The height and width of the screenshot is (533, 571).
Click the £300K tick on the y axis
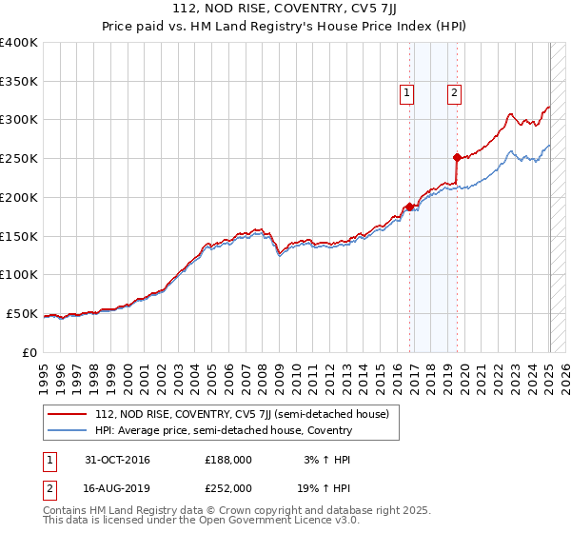(x=19, y=120)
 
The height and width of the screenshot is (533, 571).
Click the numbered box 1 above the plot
(x=406, y=93)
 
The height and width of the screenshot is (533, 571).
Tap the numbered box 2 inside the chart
(x=454, y=93)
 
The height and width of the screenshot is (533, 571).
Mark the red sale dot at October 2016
(x=410, y=207)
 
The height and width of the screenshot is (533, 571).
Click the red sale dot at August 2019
(x=458, y=157)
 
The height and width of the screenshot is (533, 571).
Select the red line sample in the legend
(x=68, y=414)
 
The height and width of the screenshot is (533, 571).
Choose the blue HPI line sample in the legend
(x=68, y=430)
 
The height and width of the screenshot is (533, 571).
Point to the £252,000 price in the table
(x=228, y=487)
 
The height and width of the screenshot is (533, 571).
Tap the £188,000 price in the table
(x=228, y=459)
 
